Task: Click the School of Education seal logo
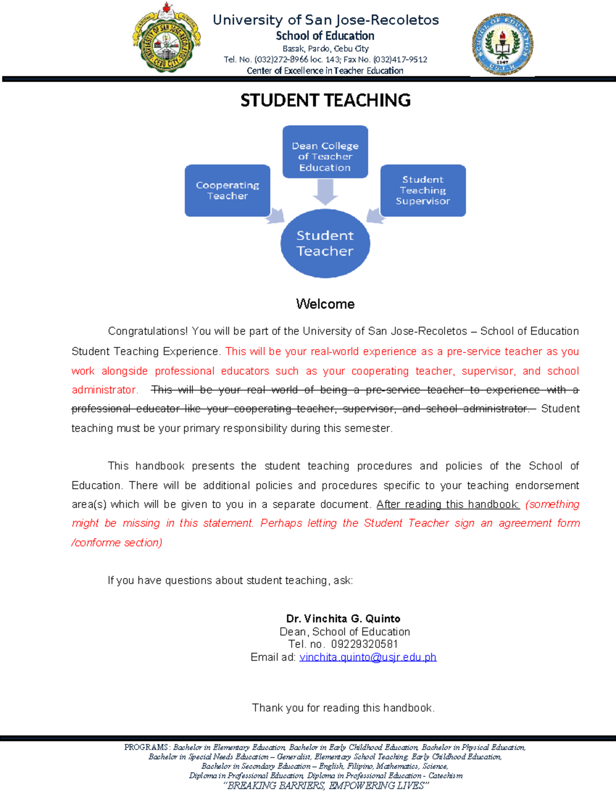click(502, 45)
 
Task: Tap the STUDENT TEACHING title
click(325, 100)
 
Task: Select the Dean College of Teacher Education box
click(325, 152)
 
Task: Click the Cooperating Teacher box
click(227, 190)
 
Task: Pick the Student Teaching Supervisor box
click(423, 190)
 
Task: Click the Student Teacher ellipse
click(325, 243)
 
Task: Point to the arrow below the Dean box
click(325, 192)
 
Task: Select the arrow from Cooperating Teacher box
click(276, 216)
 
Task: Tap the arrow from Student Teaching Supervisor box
click(375, 216)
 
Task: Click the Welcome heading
click(325, 304)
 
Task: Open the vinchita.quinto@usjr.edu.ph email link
click(368, 657)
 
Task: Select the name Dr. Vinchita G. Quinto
click(343, 618)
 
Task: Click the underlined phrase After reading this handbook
click(448, 504)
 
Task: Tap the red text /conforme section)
click(117, 542)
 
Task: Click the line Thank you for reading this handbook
click(343, 708)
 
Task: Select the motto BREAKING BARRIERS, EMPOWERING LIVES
click(325, 786)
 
